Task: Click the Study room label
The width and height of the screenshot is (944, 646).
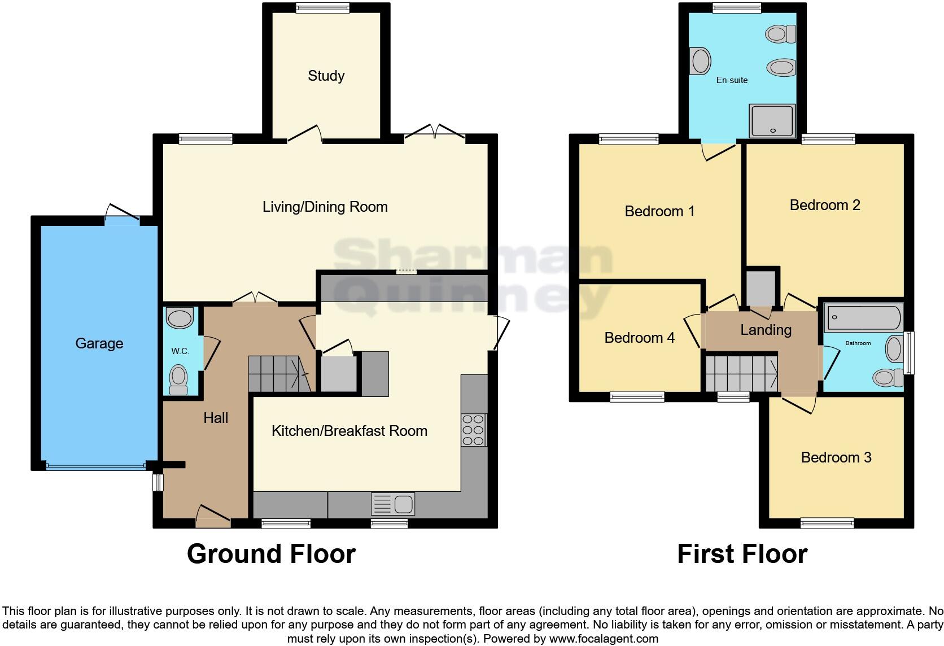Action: [326, 76]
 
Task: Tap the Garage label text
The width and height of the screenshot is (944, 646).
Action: [99, 343]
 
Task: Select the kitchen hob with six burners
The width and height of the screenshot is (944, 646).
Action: [474, 430]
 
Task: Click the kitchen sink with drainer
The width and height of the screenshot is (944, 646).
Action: [393, 503]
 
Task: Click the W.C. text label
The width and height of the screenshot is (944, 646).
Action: [180, 351]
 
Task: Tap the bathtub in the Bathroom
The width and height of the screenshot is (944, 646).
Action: [864, 318]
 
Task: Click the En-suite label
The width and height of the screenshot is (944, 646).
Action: [732, 80]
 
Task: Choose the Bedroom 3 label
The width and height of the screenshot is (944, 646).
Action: [836, 457]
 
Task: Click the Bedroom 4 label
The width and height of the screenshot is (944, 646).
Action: [639, 338]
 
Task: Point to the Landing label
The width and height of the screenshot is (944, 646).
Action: [766, 330]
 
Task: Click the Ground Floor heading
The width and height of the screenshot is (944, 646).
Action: [271, 554]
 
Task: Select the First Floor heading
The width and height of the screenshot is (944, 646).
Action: [742, 554]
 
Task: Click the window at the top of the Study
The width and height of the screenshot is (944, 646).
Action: [322, 7]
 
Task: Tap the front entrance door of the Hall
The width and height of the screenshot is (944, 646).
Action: [213, 517]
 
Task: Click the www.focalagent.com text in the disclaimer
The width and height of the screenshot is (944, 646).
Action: [604, 639]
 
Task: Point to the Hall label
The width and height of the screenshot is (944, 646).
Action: [216, 418]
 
